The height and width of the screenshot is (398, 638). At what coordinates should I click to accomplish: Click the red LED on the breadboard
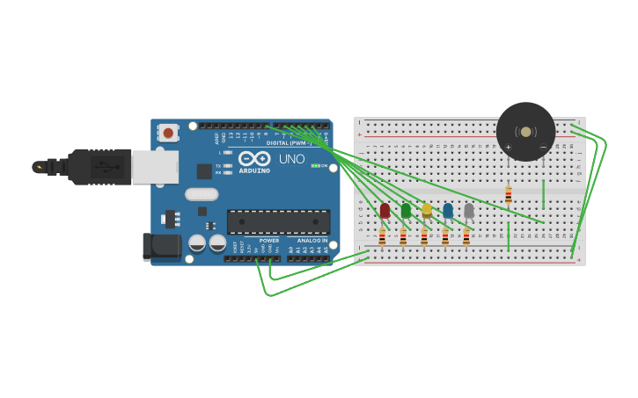pos(385,211)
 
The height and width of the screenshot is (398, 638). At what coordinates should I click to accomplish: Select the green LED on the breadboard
pos(406,211)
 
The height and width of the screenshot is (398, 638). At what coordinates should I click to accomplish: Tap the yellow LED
pos(427,211)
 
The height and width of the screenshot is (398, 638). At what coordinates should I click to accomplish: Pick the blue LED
pos(448,211)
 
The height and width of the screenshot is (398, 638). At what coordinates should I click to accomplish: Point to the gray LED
pos(469,211)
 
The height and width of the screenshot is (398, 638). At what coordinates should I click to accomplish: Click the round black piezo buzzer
pos(525,132)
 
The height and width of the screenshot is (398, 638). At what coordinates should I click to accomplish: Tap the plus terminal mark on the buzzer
pos(508,147)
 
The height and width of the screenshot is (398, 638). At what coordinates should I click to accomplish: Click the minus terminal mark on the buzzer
pos(543,147)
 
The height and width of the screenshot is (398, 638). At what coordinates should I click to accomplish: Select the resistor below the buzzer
pos(508,195)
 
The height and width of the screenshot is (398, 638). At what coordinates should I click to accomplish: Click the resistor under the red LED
pos(382,237)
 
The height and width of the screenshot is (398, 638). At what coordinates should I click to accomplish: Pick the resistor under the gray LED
pos(466,237)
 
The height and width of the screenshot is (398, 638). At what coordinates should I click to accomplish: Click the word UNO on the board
pos(291,159)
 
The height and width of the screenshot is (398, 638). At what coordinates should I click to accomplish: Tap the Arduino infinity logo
pos(254,158)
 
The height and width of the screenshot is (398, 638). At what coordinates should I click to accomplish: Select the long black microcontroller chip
pos(278,221)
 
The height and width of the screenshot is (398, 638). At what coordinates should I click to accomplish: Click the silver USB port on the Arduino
pos(155,166)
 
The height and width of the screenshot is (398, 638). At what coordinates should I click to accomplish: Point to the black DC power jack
pos(162,247)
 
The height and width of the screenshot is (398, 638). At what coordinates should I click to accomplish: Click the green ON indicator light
pos(315,165)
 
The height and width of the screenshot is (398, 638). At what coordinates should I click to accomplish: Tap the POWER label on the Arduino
pos(268,240)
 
